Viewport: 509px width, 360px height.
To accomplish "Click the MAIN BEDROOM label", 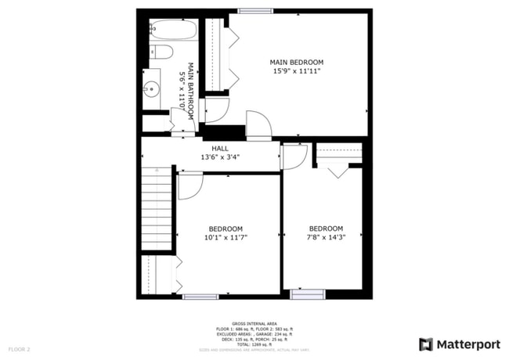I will (296, 62).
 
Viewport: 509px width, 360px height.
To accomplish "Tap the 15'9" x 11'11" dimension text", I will (296, 71).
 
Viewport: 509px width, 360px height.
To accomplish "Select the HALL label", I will (219, 147).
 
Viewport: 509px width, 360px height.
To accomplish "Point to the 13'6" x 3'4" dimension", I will (219, 157).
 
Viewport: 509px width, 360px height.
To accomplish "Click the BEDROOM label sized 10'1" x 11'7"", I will (226, 229).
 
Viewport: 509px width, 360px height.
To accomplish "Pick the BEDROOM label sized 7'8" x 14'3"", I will (325, 229).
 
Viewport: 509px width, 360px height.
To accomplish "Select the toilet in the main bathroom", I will (161, 52).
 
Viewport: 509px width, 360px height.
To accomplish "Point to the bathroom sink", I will (150, 88).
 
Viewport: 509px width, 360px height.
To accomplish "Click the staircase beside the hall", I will (157, 207).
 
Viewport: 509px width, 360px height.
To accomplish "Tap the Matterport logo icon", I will (426, 344).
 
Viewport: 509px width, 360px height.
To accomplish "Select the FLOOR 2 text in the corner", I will (19, 348).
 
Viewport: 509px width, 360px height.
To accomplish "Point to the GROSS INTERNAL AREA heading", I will (254, 322).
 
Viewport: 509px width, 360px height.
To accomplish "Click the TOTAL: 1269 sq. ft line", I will (254, 344).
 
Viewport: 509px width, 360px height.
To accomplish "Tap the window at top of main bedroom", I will (250, 10).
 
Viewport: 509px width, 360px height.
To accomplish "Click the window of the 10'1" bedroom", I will (200, 297).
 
